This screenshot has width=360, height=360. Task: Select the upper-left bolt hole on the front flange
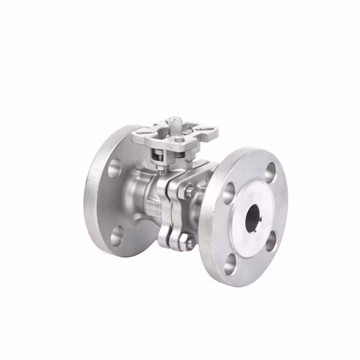(x=229, y=190)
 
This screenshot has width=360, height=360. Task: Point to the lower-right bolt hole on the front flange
(x=271, y=241)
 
